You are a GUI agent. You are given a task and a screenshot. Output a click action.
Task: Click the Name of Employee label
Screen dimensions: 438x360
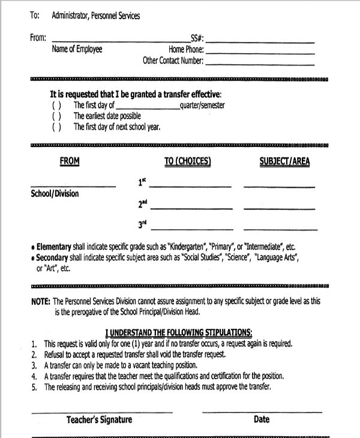coord(77,49)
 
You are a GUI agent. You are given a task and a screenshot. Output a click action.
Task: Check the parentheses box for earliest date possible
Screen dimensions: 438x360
coord(56,116)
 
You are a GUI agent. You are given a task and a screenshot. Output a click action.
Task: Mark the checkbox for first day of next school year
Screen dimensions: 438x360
coord(56,127)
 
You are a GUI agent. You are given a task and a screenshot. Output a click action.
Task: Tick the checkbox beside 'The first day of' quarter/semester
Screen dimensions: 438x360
coord(56,105)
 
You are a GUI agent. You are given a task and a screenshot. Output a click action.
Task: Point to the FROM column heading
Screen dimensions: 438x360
coord(70,161)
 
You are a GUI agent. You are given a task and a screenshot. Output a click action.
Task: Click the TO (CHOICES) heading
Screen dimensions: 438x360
coord(187,161)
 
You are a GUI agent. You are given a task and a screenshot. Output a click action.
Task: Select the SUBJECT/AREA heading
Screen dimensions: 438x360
coord(284,161)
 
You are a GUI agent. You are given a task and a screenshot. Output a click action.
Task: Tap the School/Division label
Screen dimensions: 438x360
coord(55,194)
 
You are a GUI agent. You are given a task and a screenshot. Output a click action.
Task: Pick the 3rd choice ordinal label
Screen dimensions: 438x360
coord(143,226)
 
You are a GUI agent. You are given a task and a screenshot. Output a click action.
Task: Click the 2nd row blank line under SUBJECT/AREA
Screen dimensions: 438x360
coord(279,208)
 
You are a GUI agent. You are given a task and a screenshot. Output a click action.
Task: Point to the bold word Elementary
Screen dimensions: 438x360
coord(53,247)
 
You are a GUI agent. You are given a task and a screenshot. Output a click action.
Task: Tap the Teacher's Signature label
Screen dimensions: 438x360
coord(99,420)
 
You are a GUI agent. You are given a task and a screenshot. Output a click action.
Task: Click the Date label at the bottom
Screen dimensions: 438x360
coord(262,420)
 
